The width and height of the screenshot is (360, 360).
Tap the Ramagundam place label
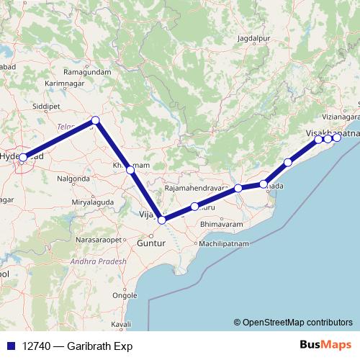pyautogui.click(x=89, y=73)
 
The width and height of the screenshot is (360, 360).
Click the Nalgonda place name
pyautogui.click(x=73, y=177)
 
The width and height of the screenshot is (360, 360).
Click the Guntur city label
pyautogui.click(x=151, y=244)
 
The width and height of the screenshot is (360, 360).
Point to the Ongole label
pyautogui.click(x=125, y=295)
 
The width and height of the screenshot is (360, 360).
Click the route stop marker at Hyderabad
pyautogui.click(x=23, y=157)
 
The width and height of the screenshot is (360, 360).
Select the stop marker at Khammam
pyautogui.click(x=130, y=170)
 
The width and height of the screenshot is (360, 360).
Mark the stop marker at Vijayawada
pyautogui.click(x=162, y=220)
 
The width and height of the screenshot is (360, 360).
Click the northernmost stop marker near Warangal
pyautogui.click(x=95, y=120)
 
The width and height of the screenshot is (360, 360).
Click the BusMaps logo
pyautogui.click(x=323, y=345)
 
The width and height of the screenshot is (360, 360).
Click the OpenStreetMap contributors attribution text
pyautogui.click(x=297, y=323)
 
